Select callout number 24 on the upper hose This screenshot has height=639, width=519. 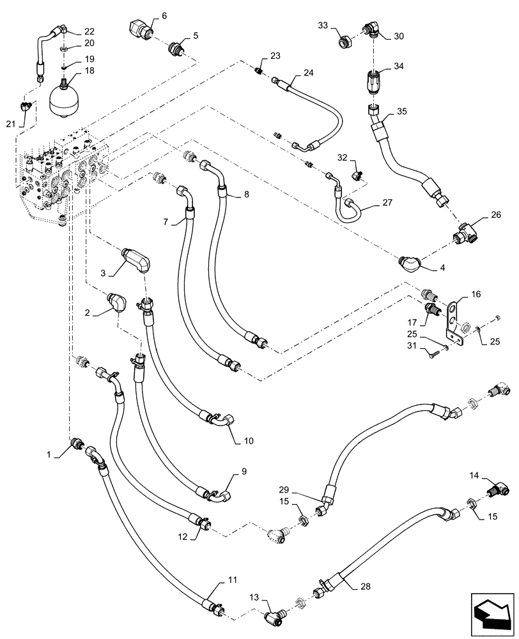click(308, 73)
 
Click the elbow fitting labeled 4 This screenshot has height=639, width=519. click(413, 263)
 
